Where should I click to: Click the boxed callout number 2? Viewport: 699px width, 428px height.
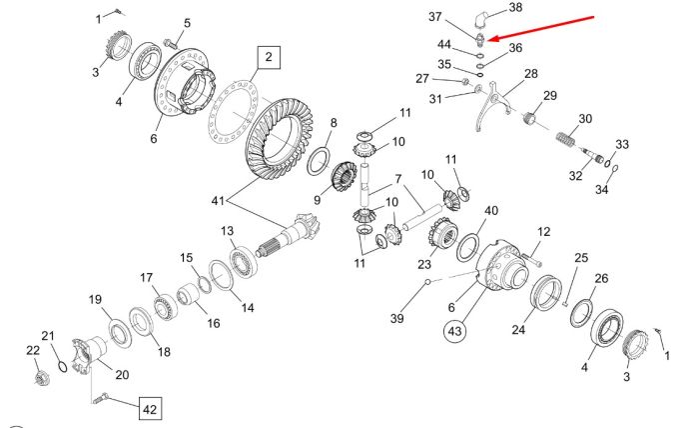269,57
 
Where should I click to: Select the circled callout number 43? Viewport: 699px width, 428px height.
454,331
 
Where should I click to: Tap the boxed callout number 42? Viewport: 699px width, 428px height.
150,409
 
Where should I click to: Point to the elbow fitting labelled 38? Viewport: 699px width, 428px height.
480,21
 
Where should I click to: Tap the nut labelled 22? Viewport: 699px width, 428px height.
42,378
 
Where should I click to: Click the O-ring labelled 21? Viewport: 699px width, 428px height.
63,367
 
